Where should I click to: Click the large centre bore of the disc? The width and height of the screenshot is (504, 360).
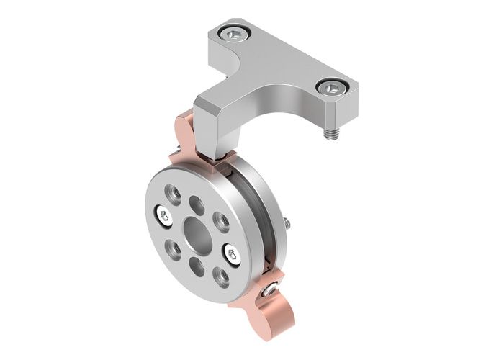195,232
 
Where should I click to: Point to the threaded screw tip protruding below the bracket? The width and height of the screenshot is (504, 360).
333,134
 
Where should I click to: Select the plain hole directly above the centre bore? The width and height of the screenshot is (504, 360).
196,204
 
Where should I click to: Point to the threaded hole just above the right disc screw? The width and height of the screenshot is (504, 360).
222,220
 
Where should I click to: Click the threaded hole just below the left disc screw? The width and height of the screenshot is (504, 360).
173,248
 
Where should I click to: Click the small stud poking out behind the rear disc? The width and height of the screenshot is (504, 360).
287,224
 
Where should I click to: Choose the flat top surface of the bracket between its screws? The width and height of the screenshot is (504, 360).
284,61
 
